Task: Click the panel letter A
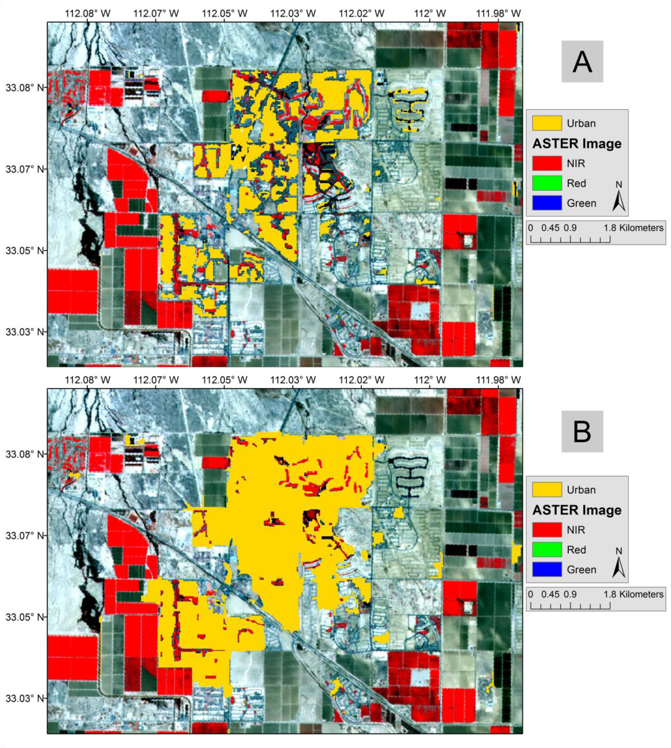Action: click(x=582, y=62)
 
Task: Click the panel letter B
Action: click(x=582, y=431)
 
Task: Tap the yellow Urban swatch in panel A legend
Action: click(x=547, y=123)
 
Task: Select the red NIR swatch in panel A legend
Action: click(x=547, y=163)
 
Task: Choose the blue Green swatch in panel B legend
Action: click(x=547, y=569)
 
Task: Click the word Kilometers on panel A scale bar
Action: click(x=641, y=228)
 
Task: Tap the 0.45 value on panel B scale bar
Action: click(x=550, y=594)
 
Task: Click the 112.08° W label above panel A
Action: click(x=87, y=14)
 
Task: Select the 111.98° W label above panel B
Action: click(x=498, y=380)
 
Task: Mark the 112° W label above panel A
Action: click(x=430, y=14)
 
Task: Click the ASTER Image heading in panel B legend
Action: click(x=577, y=510)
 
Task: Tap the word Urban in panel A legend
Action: click(x=581, y=123)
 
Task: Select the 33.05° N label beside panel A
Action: click(x=24, y=251)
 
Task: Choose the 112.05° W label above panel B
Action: click(x=224, y=380)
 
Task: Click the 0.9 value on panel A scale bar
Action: click(x=570, y=228)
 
